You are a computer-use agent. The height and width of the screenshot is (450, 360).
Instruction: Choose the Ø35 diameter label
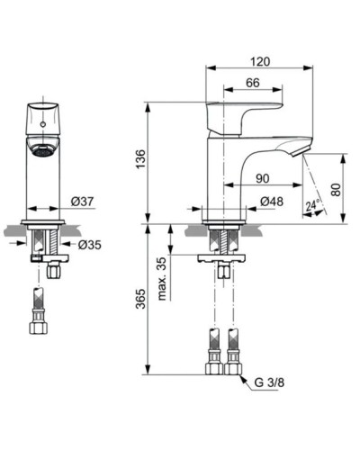pyautogui.click(x=87, y=243)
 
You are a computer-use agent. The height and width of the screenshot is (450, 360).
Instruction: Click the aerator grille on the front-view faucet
pyautogui.click(x=40, y=151)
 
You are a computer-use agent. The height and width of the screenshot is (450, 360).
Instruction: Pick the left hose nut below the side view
pyautogui.click(x=215, y=368)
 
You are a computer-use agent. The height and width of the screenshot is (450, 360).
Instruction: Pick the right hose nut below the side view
pyautogui.click(x=234, y=368)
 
